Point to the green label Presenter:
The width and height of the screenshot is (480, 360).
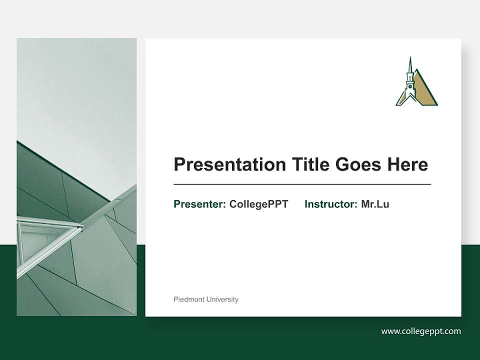click(x=199, y=204)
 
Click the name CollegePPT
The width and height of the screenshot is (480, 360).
click(x=258, y=204)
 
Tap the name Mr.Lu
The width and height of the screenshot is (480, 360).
click(x=375, y=204)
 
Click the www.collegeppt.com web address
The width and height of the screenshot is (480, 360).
click(x=421, y=331)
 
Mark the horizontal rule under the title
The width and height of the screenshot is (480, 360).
click(x=302, y=184)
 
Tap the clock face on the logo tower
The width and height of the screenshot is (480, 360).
click(x=410, y=86)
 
